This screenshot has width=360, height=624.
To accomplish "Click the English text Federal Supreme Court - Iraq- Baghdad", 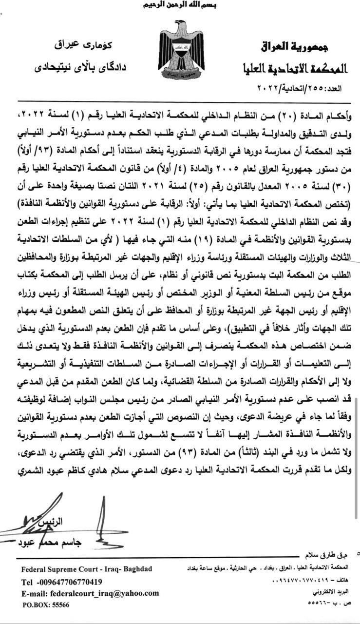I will [x=87, y=569].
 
